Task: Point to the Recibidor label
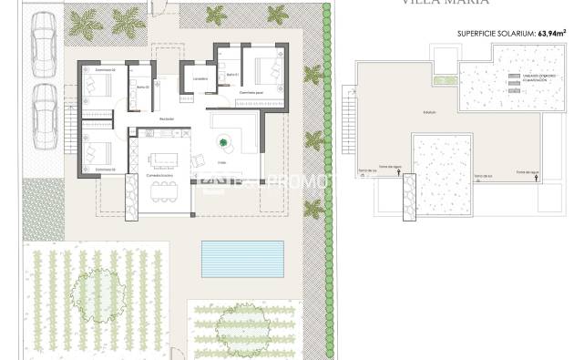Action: pyautogui.click(x=167, y=118)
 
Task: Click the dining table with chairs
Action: pyautogui.click(x=163, y=190)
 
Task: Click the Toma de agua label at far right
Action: pyautogui.click(x=528, y=170)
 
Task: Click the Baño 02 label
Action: pyautogui.click(x=142, y=87)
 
